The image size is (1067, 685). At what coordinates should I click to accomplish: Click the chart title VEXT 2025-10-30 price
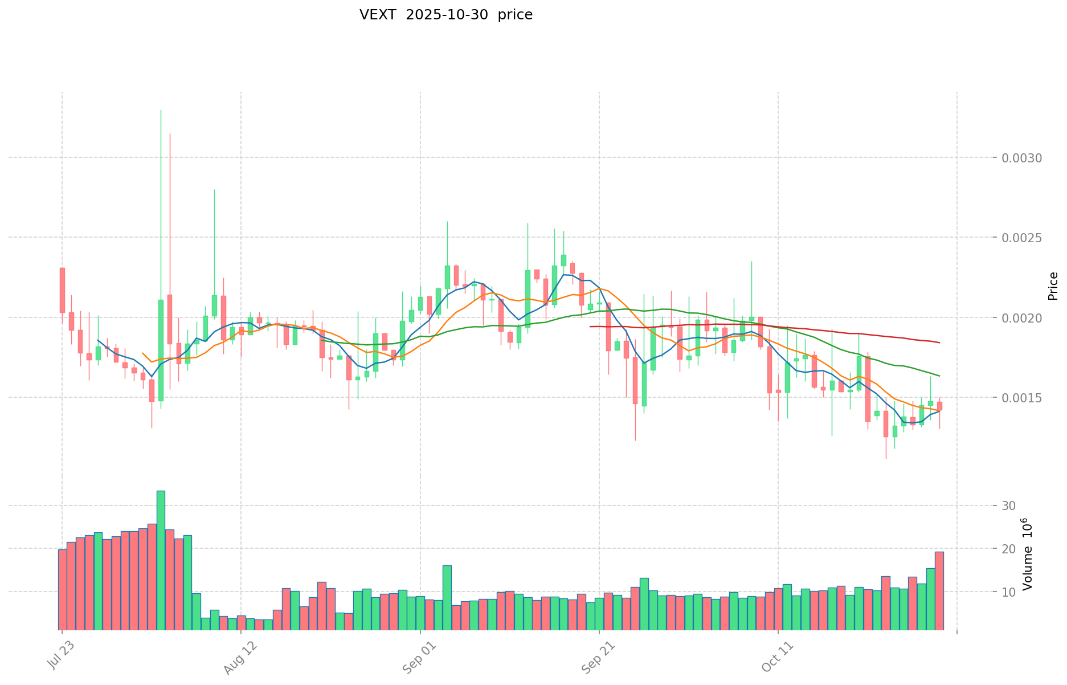445,15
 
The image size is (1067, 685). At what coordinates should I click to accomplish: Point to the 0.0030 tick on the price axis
1022,158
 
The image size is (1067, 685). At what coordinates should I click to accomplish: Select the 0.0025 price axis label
1022,238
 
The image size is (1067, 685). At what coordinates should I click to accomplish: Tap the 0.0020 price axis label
1022,317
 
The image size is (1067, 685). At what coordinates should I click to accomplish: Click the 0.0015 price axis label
1022,398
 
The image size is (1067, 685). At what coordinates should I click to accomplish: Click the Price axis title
1053,286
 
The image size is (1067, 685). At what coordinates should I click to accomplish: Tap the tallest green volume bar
161,560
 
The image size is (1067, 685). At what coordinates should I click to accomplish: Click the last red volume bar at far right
939,590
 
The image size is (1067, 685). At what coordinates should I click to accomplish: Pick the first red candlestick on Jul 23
62,290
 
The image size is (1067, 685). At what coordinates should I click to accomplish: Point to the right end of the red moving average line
939,343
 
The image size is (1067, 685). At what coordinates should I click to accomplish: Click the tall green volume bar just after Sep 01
447,597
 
